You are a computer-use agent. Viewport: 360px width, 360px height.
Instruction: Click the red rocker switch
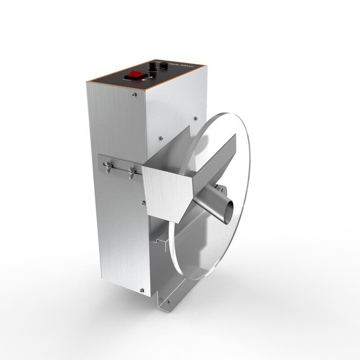(x=135, y=74)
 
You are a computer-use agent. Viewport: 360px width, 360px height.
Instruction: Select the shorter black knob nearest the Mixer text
(x=163, y=66)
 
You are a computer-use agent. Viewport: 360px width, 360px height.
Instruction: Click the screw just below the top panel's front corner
(x=135, y=94)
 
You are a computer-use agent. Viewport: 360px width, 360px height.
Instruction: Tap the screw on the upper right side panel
(x=196, y=118)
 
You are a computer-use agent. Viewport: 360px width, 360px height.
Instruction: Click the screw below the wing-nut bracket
(x=144, y=202)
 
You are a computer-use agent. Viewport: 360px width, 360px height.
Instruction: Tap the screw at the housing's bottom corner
(x=142, y=290)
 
